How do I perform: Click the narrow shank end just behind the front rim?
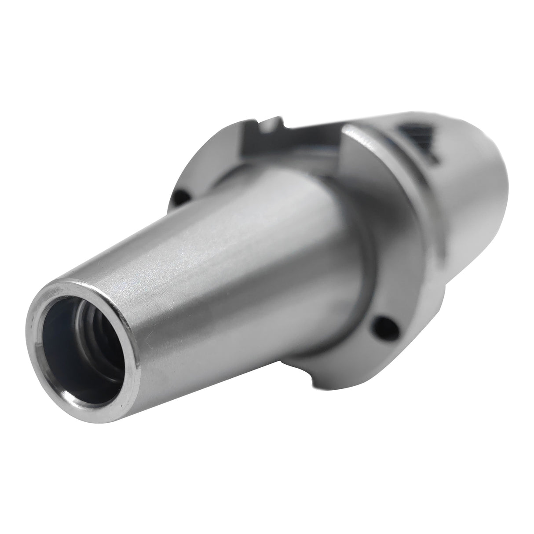pyautogui.click(x=145, y=317)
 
